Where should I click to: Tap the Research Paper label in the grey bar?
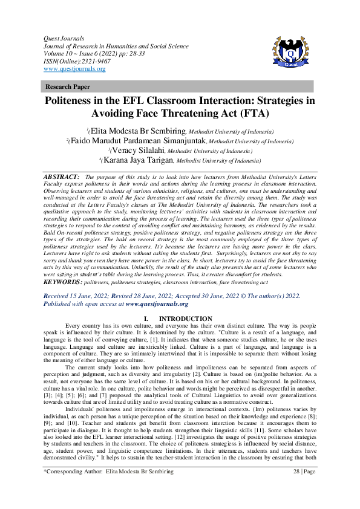point(64,86)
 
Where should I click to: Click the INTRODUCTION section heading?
point(185,319)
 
